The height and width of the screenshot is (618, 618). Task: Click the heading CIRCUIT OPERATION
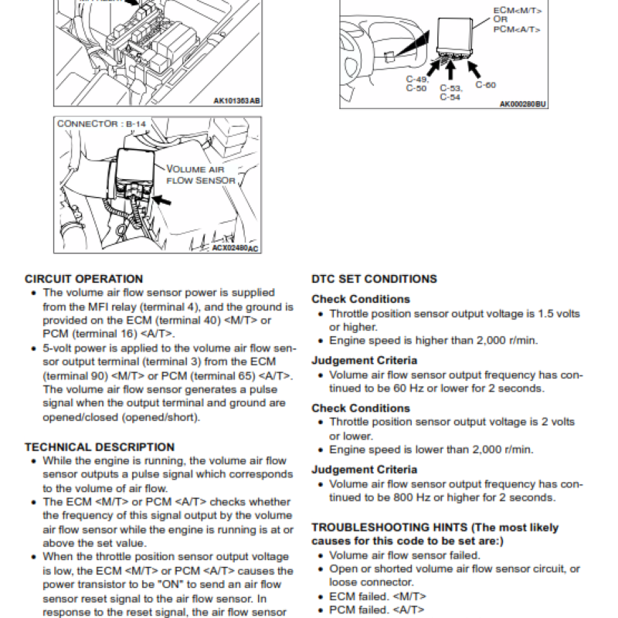click(83, 279)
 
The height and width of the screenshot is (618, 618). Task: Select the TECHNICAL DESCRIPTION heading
click(100, 447)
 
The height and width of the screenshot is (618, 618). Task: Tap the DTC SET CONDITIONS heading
click(374, 279)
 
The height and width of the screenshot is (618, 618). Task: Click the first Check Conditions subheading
click(360, 299)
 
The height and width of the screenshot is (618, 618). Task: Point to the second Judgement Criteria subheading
click(364, 469)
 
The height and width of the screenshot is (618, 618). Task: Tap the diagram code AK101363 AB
click(237, 100)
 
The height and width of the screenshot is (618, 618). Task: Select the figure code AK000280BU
click(522, 104)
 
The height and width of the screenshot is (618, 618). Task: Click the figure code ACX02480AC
click(235, 248)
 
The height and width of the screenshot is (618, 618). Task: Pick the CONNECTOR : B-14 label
click(101, 123)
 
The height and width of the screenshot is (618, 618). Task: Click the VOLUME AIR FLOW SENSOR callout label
click(200, 175)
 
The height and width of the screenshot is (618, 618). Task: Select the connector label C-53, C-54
click(450, 93)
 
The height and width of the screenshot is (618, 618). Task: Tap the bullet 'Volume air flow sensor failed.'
click(404, 555)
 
